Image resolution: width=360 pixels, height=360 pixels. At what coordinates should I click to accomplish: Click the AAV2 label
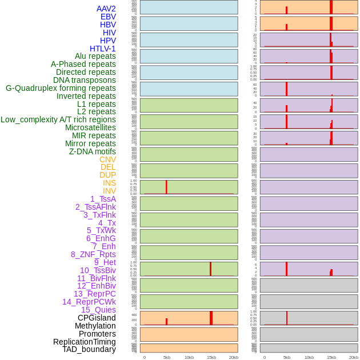tap(106, 9)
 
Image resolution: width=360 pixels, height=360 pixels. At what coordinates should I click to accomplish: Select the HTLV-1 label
tap(102, 49)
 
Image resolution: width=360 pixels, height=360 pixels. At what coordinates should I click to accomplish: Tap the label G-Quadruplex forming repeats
tap(61, 88)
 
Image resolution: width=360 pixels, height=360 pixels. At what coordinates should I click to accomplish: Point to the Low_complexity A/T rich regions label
tap(58, 119)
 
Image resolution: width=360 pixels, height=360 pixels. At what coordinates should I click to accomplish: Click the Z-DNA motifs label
tap(92, 151)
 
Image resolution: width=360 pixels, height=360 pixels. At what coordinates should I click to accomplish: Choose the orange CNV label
tap(107, 159)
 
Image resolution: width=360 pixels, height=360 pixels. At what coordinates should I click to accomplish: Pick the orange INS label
tap(109, 183)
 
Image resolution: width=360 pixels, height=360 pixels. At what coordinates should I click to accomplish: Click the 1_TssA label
tap(103, 199)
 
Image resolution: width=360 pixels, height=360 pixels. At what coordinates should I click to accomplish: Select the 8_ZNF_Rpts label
tap(93, 254)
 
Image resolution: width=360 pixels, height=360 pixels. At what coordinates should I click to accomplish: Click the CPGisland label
tap(97, 318)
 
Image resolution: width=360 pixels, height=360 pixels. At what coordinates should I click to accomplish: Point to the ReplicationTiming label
tap(85, 342)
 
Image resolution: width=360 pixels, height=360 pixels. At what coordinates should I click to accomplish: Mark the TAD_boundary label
tap(89, 349)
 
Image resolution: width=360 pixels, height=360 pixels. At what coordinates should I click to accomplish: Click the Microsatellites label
tap(90, 127)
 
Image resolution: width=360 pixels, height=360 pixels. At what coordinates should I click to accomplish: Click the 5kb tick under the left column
tap(167, 357)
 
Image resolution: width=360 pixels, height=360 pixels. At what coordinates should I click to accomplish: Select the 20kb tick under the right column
tap(354, 357)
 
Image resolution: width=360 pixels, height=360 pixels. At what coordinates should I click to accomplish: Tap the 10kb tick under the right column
tap(309, 357)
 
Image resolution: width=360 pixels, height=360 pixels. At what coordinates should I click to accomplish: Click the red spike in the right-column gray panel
tap(287, 318)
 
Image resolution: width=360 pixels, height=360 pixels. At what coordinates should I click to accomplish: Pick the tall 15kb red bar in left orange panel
tap(211, 318)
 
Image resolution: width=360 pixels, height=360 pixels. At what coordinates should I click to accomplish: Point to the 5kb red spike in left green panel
tap(166, 187)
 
